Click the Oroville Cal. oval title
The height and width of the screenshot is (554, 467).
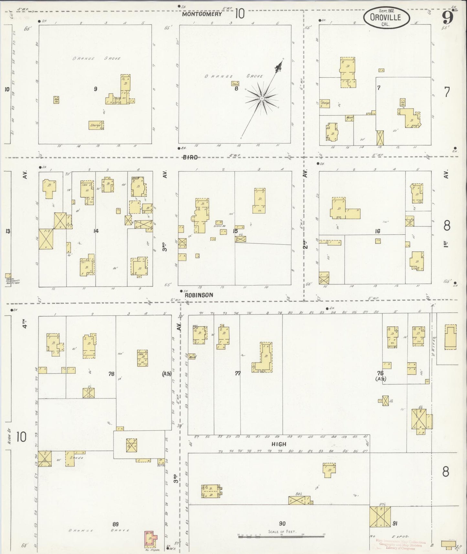[x=386, y=18]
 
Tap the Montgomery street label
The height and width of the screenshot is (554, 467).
[x=202, y=14]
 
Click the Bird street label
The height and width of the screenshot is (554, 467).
[x=190, y=157]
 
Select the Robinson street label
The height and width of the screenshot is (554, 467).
[x=199, y=295]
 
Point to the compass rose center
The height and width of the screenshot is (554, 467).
[x=262, y=98]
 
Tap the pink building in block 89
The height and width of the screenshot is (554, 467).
[x=150, y=538]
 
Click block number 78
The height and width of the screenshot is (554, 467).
[x=111, y=374]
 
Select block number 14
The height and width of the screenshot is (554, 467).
[x=96, y=231]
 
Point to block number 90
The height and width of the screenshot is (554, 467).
[x=282, y=523]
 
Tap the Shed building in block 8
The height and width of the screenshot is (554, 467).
[x=235, y=83]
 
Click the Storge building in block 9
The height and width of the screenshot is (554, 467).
[x=96, y=125]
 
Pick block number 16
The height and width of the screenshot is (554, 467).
[x=377, y=231]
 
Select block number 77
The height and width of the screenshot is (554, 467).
[x=238, y=373]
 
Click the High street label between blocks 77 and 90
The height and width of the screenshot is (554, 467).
[x=279, y=444]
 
